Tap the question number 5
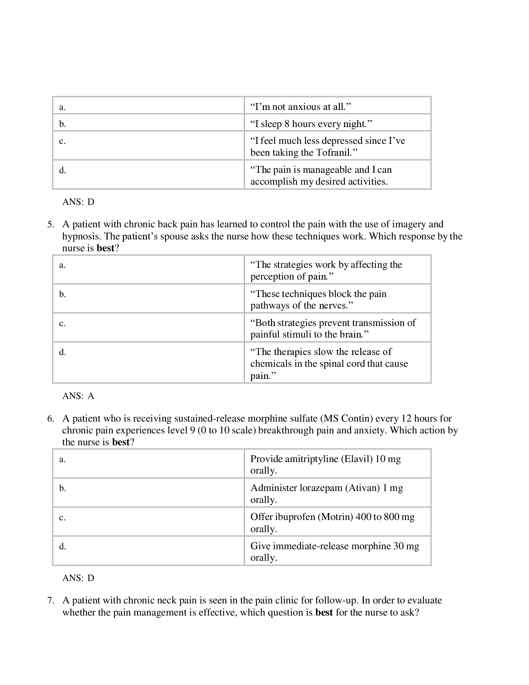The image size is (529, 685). coord(50,224)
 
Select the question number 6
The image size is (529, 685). coord(50,418)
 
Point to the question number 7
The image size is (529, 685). coord(50,600)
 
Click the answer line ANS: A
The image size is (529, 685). coord(78,396)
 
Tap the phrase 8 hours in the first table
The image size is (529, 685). coord(300,124)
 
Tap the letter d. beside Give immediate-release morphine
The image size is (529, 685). coord(62,546)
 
